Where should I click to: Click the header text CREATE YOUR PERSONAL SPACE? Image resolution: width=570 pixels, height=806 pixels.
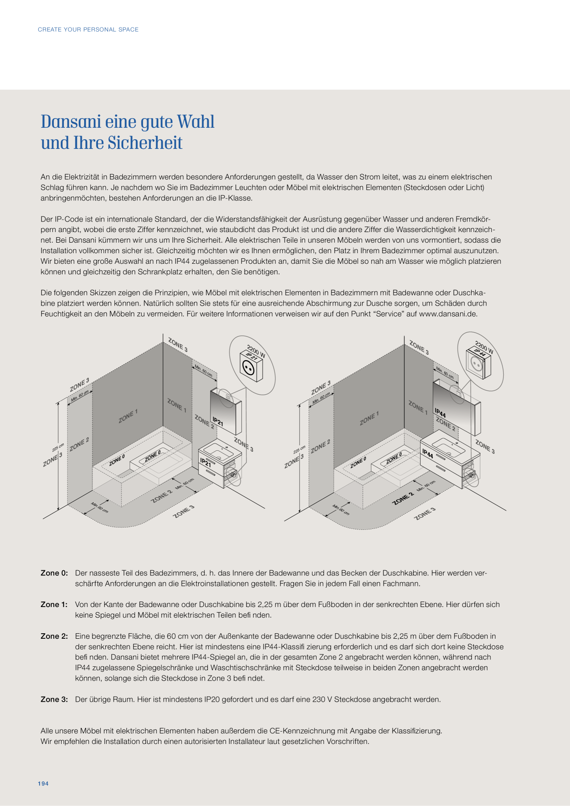(88, 29)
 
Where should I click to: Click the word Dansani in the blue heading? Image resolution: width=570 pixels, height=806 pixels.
(71, 122)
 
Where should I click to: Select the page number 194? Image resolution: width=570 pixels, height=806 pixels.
(43, 783)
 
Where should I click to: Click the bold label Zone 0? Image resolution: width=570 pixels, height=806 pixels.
(54, 573)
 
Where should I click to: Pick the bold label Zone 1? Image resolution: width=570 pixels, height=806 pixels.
(54, 605)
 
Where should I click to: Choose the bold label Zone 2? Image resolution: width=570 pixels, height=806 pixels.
(54, 636)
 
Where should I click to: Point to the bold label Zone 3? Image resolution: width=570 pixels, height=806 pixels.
(54, 699)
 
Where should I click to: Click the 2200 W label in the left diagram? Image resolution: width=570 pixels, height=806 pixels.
(256, 351)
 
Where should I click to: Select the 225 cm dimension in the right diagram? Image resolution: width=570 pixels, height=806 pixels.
(299, 450)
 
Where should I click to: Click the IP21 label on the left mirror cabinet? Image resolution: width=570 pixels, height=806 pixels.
(218, 421)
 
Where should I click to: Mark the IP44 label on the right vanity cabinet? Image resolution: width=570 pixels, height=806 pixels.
(427, 454)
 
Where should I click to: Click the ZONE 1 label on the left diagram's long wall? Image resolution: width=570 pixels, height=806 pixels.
(128, 416)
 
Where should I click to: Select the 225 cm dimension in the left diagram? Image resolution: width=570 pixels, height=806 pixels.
(58, 448)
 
